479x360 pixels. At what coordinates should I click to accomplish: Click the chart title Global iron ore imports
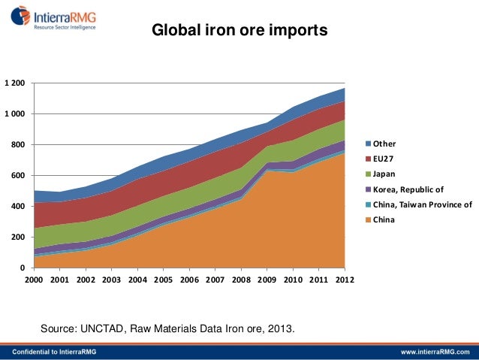(x=239, y=32)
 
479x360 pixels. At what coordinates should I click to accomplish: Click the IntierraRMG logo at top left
(x=57, y=16)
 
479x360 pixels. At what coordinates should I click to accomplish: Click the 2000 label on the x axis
(x=34, y=280)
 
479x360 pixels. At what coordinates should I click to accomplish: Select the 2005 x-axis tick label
(x=164, y=280)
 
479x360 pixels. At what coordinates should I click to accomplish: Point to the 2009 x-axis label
(x=267, y=280)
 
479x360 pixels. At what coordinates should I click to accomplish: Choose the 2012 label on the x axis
(x=345, y=280)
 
